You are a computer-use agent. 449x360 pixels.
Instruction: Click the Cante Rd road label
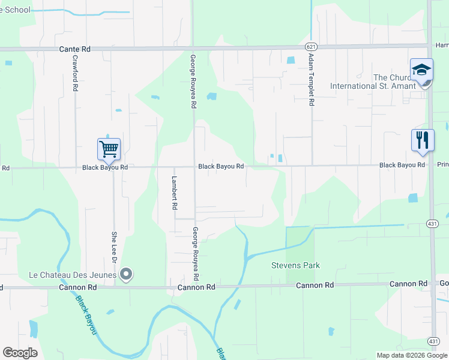pyautogui.click(x=74, y=49)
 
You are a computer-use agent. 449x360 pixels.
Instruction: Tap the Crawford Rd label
pyautogui.click(x=75, y=73)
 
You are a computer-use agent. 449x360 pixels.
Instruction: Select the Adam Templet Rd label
pyautogui.click(x=311, y=79)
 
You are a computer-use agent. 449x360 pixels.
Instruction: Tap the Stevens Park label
pyautogui.click(x=295, y=265)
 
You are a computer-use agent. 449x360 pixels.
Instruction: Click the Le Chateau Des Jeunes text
pyautogui.click(x=73, y=275)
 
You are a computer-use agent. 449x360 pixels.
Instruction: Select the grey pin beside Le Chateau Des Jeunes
pyautogui.click(x=126, y=275)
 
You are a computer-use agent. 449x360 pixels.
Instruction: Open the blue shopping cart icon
pyautogui.click(x=109, y=149)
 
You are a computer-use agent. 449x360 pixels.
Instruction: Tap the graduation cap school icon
pyautogui.click(x=421, y=70)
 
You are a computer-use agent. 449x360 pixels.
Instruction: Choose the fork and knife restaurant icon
pyautogui.click(x=423, y=140)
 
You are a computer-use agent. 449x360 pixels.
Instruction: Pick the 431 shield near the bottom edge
pyautogui.click(x=433, y=341)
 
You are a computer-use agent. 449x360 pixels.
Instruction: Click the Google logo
pyautogui.click(x=20, y=353)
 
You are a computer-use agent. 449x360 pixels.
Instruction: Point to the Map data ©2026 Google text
pyautogui.click(x=412, y=355)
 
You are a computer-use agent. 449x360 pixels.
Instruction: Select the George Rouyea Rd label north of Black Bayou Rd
pyautogui.click(x=193, y=82)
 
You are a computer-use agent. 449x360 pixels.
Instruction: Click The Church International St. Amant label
pyautogui.click(x=373, y=82)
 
